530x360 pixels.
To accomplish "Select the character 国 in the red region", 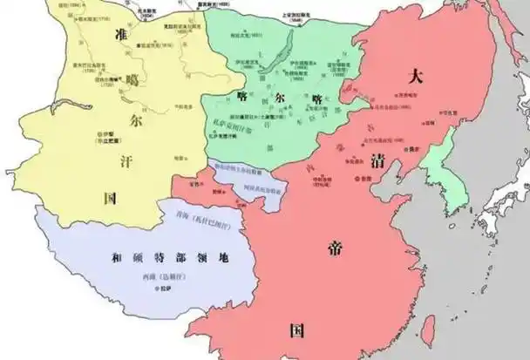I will (x=297, y=329).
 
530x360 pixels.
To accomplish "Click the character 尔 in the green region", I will (x=281, y=98).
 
